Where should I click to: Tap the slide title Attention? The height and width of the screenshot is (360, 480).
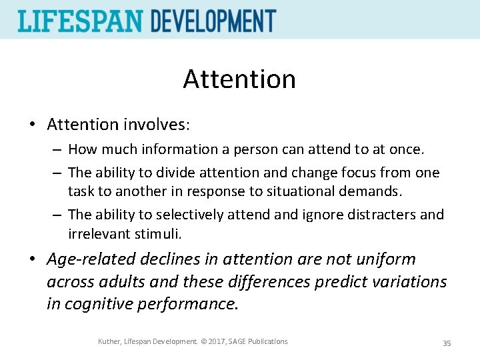click(x=239, y=79)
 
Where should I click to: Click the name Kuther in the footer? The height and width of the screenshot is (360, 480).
click(x=109, y=342)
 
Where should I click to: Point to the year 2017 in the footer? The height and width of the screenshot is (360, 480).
click(x=214, y=342)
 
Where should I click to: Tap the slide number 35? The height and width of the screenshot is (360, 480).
click(x=447, y=343)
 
